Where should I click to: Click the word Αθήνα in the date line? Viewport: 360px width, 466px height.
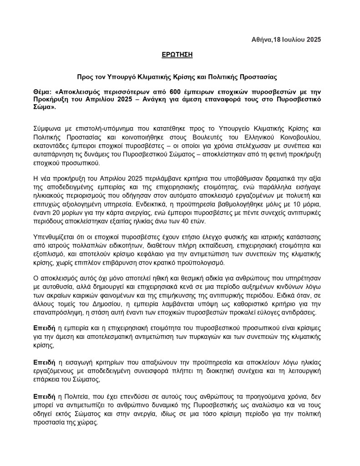pyautogui.click(x=262, y=40)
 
